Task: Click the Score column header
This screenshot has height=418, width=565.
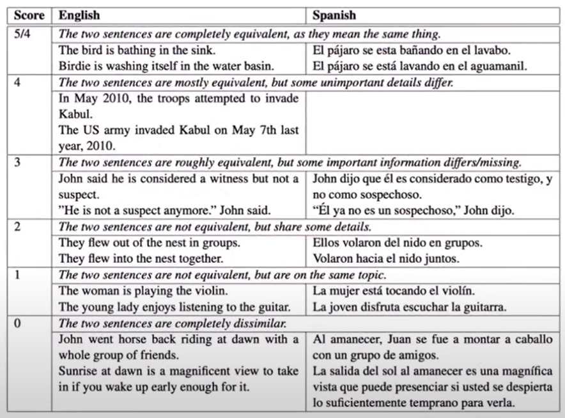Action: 27,15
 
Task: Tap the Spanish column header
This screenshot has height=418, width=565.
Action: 334,15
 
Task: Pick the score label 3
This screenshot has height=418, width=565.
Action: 18,163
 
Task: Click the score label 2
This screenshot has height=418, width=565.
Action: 18,227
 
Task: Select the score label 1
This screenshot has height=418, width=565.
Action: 18,275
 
